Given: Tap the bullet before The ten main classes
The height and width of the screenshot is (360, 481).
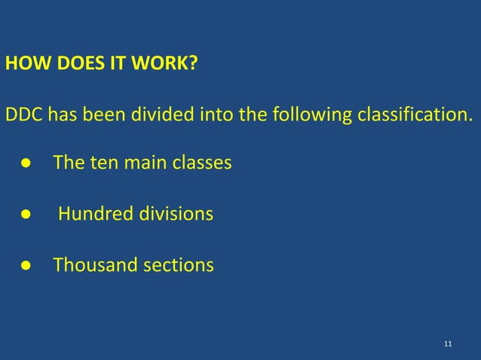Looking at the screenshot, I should point(25,163).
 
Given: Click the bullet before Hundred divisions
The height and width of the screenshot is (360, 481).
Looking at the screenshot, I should point(25,215).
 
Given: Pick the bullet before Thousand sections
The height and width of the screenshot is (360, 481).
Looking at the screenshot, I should point(25,266).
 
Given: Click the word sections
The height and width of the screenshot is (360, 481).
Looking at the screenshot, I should point(173,265).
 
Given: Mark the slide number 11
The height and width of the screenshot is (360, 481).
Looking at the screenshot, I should point(449,344).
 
